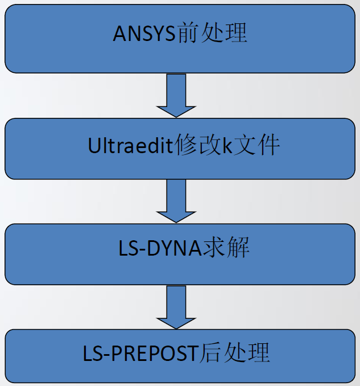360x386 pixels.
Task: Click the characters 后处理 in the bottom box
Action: point(235,353)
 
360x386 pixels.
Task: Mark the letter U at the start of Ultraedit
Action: point(94,146)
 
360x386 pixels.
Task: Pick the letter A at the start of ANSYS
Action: point(119,34)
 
